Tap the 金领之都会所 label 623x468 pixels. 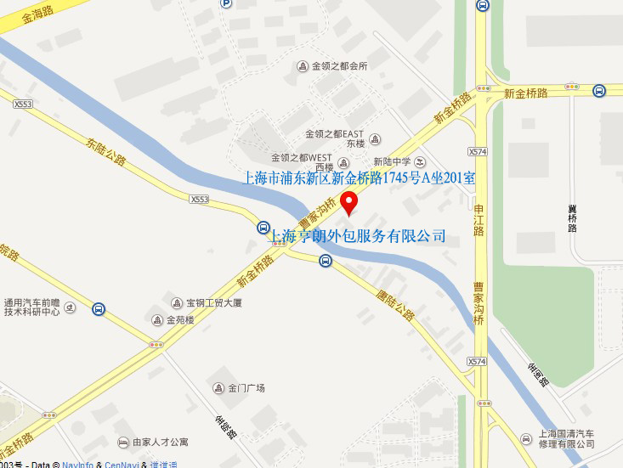[x=338, y=66]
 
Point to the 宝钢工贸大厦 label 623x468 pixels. [x=213, y=302]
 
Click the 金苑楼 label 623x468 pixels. [x=179, y=320]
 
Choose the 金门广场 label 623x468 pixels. [x=246, y=388]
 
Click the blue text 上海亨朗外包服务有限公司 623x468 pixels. [x=357, y=235]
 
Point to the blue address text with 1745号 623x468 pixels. [x=360, y=178]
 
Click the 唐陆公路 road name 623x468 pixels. [x=395, y=302]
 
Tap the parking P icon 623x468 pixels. [x=226, y=3]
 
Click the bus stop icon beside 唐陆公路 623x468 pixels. [x=326, y=261]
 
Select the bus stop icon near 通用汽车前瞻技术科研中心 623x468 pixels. [x=99, y=310]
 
